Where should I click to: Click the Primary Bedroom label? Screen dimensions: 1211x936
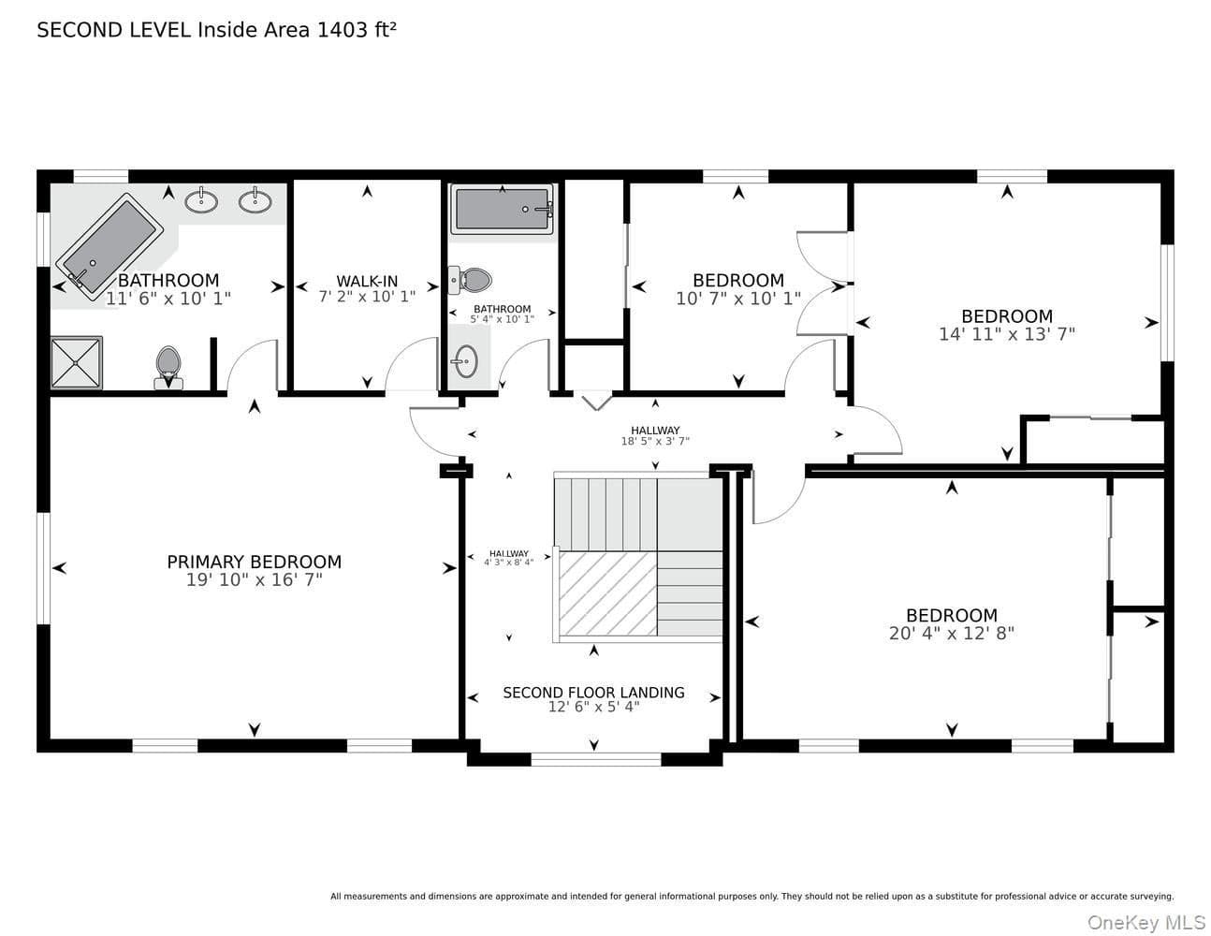[x=255, y=562]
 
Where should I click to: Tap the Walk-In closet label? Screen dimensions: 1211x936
[x=367, y=281]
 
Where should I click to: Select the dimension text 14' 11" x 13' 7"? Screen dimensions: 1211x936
[x=1007, y=334]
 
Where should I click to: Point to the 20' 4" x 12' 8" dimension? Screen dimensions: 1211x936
[x=952, y=634]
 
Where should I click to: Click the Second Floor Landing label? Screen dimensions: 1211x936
[x=593, y=693]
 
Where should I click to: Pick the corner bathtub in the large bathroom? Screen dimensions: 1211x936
[x=109, y=243]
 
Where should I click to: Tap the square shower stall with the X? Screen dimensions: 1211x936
[x=77, y=363]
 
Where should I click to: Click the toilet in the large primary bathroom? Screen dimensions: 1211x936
[x=168, y=368]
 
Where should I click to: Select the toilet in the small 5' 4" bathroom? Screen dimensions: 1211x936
[x=470, y=280]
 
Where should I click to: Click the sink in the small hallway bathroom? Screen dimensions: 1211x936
[x=465, y=361]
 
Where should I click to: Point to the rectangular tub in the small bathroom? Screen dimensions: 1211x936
[x=503, y=209]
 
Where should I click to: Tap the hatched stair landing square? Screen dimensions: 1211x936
[x=607, y=593]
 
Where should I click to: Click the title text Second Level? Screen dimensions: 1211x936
[x=113, y=30]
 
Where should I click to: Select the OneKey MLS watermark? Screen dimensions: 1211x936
[x=1146, y=922]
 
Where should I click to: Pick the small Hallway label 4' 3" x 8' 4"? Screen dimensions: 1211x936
[x=509, y=558]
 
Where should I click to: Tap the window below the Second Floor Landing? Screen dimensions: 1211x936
[x=596, y=759]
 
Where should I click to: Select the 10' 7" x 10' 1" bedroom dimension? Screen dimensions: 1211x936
[x=738, y=299]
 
